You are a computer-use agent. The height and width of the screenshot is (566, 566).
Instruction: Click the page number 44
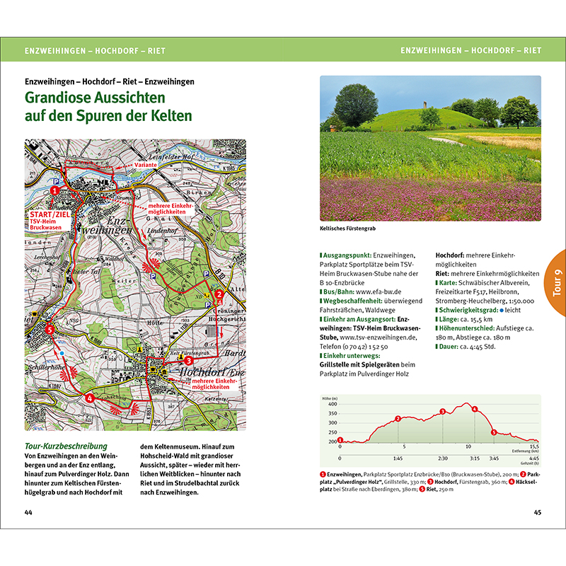(x=28, y=512)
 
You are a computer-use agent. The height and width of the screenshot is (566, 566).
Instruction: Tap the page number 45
(x=537, y=512)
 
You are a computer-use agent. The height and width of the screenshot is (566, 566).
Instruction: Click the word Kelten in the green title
(x=169, y=115)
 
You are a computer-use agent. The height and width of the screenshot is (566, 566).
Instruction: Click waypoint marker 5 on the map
(x=50, y=329)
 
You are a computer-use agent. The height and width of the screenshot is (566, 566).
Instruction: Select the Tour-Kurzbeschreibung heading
(x=65, y=446)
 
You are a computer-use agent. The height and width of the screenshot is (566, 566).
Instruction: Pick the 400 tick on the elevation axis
(x=333, y=404)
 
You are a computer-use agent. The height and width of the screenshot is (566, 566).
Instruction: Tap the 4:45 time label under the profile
(x=533, y=458)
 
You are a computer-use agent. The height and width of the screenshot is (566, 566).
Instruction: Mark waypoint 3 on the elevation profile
(x=442, y=412)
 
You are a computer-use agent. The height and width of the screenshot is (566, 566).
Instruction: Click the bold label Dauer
(x=451, y=346)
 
